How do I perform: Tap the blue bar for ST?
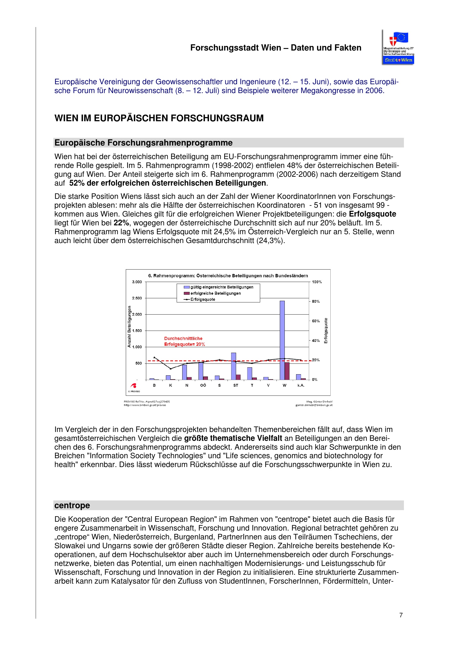pyautogui.click(x=233, y=366)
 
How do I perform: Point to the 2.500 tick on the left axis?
pyautogui.click(x=137, y=298)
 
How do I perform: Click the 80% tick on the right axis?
pyautogui.click(x=316, y=301)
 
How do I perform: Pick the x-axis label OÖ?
pyautogui.click(x=203, y=385)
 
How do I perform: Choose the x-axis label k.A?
pyautogui.click(x=301, y=385)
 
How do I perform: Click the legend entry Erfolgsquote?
pyautogui.click(x=202, y=299)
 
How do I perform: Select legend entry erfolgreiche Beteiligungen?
pyautogui.click(x=215, y=293)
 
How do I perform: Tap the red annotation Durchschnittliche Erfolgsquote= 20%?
pyautogui.click(x=184, y=341)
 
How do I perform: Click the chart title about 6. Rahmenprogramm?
pyautogui.click(x=228, y=276)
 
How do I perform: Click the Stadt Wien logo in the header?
pyautogui.click(x=398, y=47)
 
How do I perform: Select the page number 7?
pyautogui.click(x=401, y=615)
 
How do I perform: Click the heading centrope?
pyautogui.click(x=72, y=505)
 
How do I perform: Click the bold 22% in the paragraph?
pyautogui.click(x=121, y=223)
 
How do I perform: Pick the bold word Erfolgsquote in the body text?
pyautogui.click(x=372, y=214)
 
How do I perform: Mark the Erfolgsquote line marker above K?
pyautogui.click(x=170, y=369)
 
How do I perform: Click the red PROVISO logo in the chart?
pyautogui.click(x=134, y=386)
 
